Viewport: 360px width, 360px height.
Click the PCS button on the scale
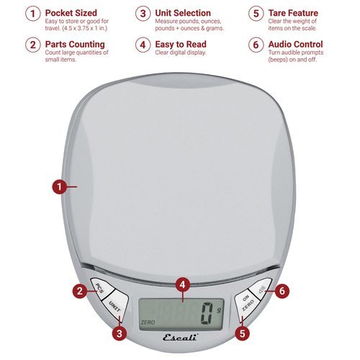pyautogui.click(x=102, y=288)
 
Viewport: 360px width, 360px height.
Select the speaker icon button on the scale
pyautogui.click(x=261, y=289)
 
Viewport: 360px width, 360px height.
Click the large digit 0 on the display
pyautogui.click(x=207, y=313)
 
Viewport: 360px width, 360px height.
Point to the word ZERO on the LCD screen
pyautogui.click(x=148, y=323)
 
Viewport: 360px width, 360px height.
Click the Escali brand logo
pyautogui.click(x=181, y=337)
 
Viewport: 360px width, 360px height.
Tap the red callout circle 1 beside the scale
pyautogui.click(x=60, y=186)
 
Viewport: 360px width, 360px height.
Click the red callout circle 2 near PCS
pyautogui.click(x=80, y=291)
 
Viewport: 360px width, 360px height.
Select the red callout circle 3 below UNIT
pyautogui.click(x=120, y=333)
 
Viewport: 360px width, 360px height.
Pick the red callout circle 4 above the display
pyautogui.click(x=183, y=285)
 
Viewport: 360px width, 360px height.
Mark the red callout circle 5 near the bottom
pyautogui.click(x=243, y=333)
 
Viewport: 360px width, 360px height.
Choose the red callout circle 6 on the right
pyautogui.click(x=282, y=291)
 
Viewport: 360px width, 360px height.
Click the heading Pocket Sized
pyautogui.click(x=71, y=13)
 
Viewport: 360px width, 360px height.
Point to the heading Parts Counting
pyautogui.click(x=75, y=45)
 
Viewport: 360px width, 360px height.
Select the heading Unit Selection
pyautogui.click(x=183, y=13)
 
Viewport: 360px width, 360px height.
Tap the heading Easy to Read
pyautogui.click(x=181, y=45)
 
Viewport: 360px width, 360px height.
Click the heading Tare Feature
pyautogui.click(x=293, y=13)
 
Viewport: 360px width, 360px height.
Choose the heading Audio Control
pyautogui.click(x=295, y=45)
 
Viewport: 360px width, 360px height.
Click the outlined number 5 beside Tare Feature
pyautogui.click(x=256, y=14)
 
